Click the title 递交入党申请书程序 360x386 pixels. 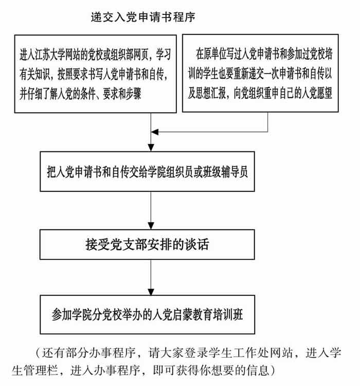pos(143,17)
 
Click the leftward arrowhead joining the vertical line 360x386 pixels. pos(155,132)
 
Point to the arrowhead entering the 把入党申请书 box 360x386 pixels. pos(151,148)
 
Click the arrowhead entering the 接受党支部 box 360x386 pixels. pos(151,226)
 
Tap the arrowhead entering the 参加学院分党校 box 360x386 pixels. pos(151,291)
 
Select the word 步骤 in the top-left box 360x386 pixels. pos(133,94)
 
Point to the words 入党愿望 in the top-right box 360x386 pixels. pos(317,93)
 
